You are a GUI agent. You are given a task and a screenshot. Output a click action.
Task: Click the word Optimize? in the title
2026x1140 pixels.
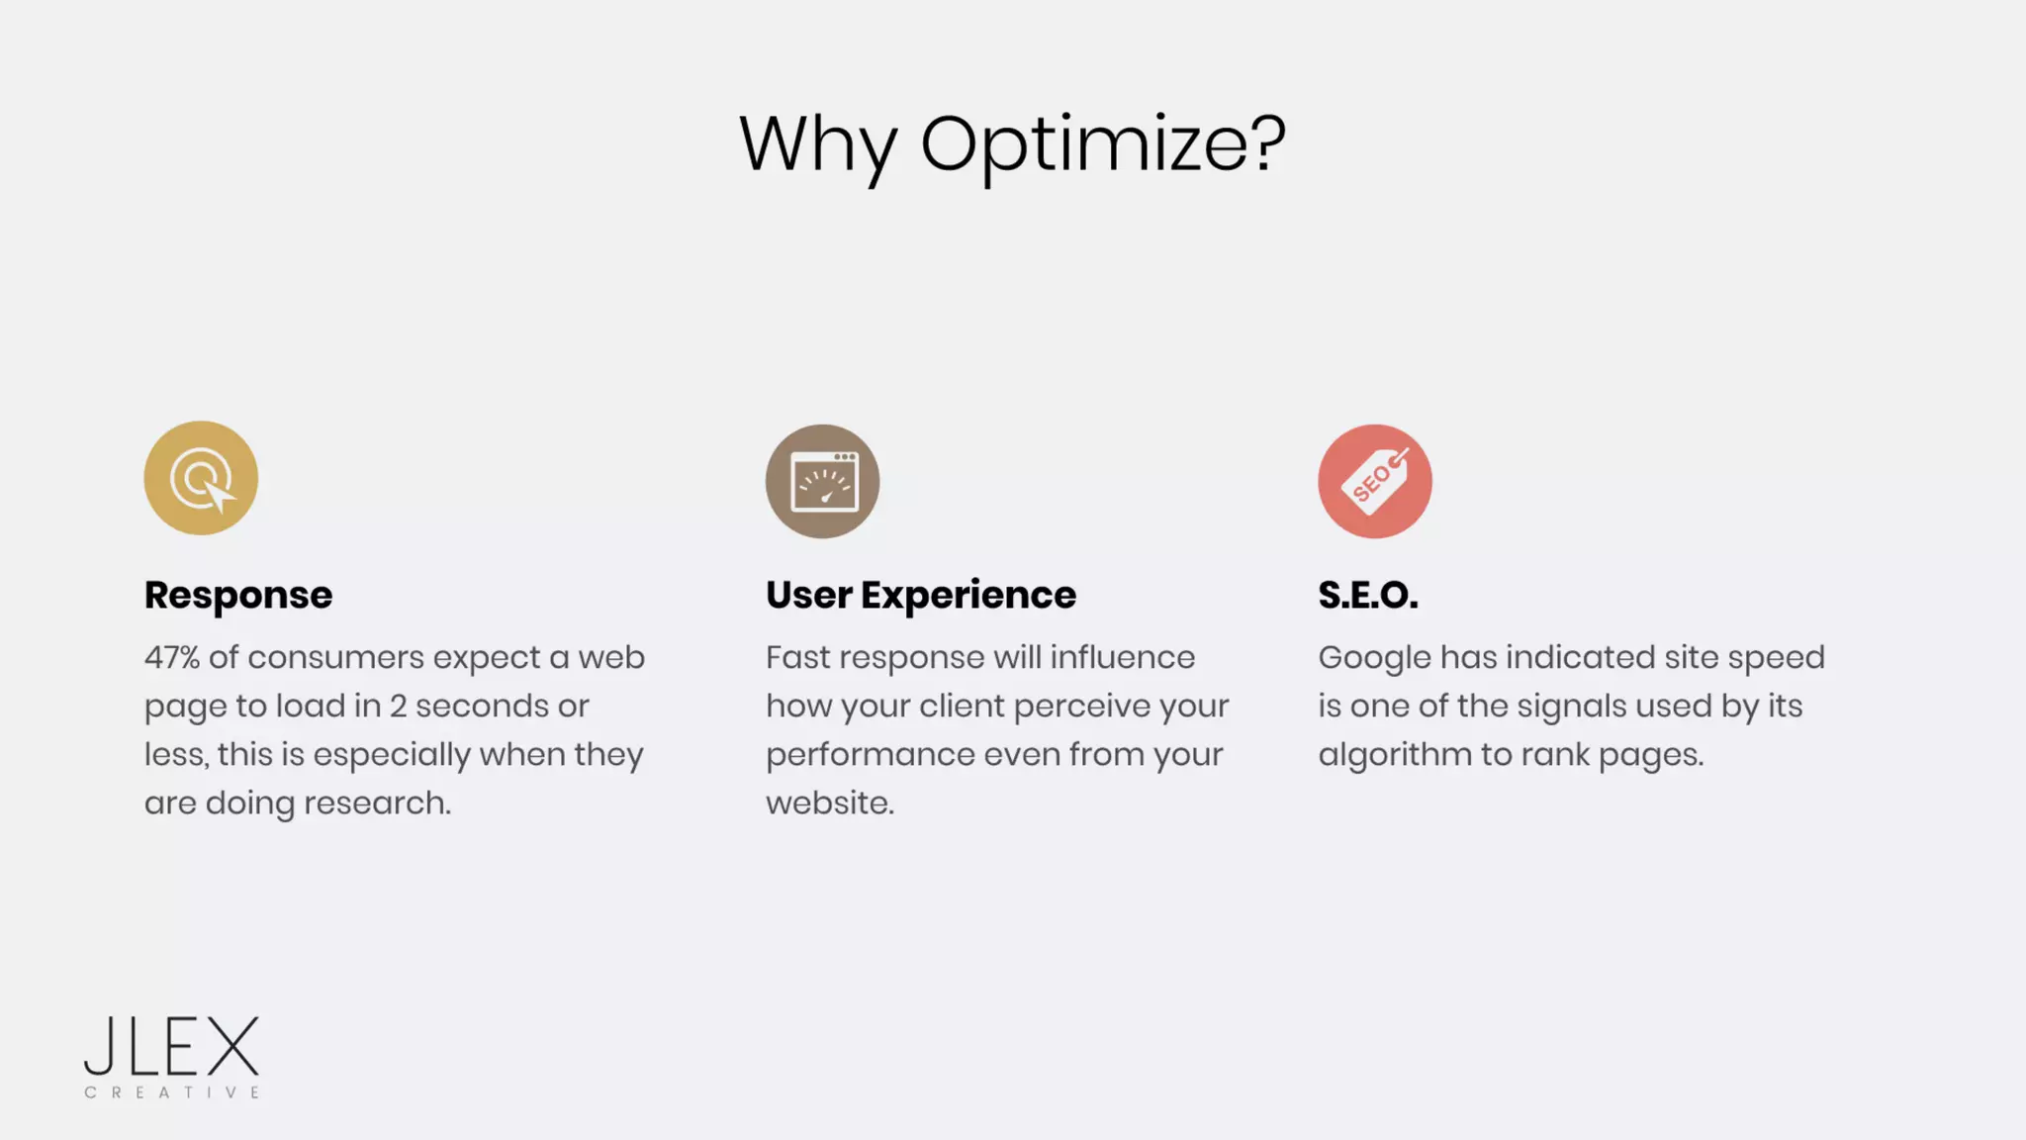coord(1103,144)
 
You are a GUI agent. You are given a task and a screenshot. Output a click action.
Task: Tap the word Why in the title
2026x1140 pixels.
coord(817,144)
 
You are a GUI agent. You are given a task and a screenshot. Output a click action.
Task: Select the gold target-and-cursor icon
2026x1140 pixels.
coord(201,478)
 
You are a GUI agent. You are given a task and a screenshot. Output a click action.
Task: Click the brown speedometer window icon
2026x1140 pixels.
coord(822,482)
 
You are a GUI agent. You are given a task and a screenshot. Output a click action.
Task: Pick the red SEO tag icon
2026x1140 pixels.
coord(1374,482)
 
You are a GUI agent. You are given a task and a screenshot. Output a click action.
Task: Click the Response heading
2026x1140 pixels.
coord(238,595)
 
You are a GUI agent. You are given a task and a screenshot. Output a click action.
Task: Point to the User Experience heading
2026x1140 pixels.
coord(920,595)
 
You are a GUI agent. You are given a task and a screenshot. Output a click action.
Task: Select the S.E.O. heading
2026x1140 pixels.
coord(1367,595)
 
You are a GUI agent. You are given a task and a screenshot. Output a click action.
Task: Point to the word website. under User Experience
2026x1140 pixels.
coord(829,803)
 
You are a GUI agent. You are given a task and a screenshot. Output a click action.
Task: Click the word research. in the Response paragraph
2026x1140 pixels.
coord(377,803)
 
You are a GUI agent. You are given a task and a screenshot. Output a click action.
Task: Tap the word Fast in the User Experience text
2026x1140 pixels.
coord(798,657)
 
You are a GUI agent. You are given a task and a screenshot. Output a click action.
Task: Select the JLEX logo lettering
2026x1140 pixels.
coord(171,1046)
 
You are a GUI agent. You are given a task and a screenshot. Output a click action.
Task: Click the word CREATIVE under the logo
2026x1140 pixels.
coord(171,1092)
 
